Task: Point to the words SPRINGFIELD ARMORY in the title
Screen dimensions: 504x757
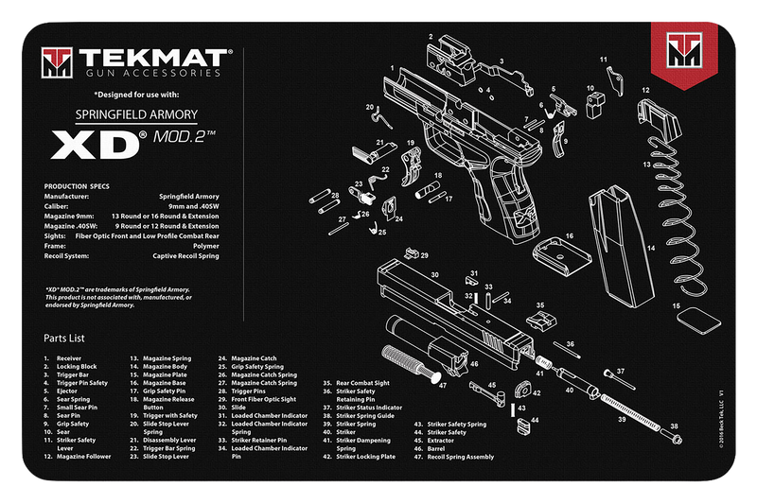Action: tap(136, 114)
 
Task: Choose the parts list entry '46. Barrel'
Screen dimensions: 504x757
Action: tap(436, 448)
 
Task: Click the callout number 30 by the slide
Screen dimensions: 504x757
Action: tap(434, 275)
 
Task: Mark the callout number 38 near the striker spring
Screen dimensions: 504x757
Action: tap(673, 426)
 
